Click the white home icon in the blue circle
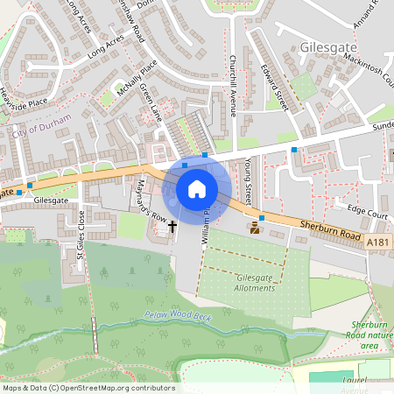click(x=197, y=188)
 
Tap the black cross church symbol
click(x=172, y=227)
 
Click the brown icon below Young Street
click(x=255, y=229)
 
